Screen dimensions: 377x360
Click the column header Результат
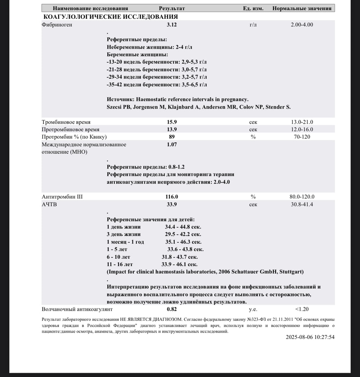tap(172, 8)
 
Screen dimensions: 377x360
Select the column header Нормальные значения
tap(302, 8)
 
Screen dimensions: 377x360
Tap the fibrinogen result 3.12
tap(172, 25)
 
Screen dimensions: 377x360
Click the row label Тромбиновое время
tap(66, 122)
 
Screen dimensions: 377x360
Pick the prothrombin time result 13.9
tap(172, 129)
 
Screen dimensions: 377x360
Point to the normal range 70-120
tap(302, 136)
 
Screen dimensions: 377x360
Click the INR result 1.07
tap(172, 144)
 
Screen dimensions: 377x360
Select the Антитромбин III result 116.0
tap(172, 197)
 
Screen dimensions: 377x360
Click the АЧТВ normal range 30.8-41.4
tap(302, 204)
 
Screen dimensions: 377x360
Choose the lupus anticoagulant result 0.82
tap(172, 309)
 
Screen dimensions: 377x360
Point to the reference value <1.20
tap(302, 309)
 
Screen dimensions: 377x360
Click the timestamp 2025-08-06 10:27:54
tap(310, 337)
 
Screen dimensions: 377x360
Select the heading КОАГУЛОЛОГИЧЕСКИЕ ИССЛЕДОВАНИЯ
tap(111, 17)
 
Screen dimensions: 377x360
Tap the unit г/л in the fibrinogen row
tap(253, 25)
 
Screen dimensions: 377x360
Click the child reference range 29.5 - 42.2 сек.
tap(183, 234)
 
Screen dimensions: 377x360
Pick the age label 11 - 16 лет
tap(120, 264)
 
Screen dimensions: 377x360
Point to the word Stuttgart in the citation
tap(291, 272)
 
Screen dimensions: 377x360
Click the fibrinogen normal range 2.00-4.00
tap(302, 25)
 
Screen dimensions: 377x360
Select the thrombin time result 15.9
tap(172, 122)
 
